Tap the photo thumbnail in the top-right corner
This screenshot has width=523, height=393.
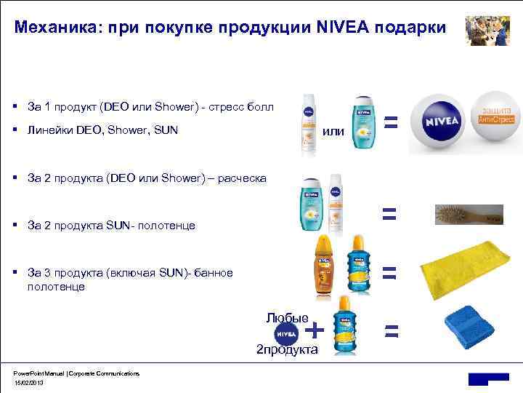[x=487, y=31]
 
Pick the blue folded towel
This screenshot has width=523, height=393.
[x=470, y=327]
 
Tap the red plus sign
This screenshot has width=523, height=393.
[x=315, y=330]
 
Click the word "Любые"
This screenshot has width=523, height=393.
[x=288, y=317]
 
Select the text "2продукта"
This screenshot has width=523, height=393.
[x=287, y=349]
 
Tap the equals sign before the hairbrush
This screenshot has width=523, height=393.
[x=389, y=213]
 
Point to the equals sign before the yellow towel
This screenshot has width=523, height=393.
[x=390, y=273]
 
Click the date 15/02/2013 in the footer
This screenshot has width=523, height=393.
[x=29, y=381]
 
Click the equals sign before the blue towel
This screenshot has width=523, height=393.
[x=392, y=332]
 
